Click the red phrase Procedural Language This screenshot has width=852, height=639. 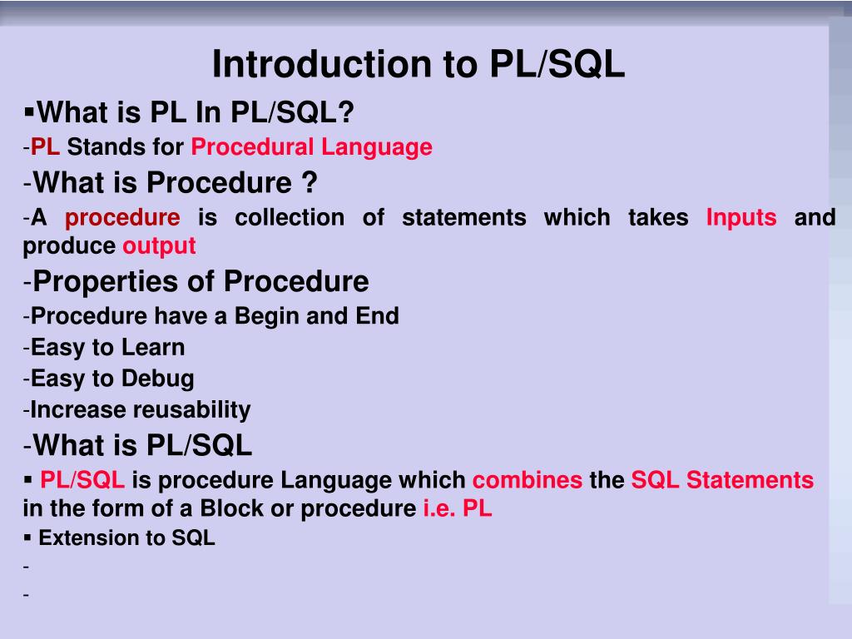point(311,147)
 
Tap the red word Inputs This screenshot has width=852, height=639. point(741,218)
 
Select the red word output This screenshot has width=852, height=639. point(159,246)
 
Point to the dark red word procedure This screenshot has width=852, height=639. point(122,218)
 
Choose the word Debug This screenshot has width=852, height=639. point(157,379)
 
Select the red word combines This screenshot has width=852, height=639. point(528,480)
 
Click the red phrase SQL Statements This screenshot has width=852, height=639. point(722,480)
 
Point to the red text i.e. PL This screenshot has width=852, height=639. point(458,509)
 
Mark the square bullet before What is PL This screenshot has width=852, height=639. point(30,110)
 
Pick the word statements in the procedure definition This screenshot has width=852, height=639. point(463,218)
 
